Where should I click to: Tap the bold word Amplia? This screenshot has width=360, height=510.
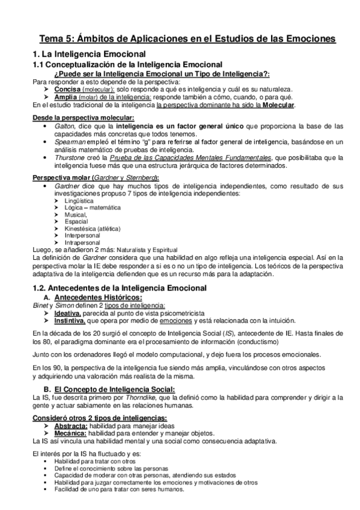click(x=66, y=96)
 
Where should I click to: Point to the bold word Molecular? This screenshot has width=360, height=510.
click(x=276, y=105)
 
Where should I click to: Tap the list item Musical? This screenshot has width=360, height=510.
click(x=75, y=214)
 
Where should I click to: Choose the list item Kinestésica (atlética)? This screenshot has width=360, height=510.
click(x=93, y=229)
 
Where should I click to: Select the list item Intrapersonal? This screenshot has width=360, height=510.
click(x=82, y=243)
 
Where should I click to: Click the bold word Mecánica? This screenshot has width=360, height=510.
click(x=70, y=432)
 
